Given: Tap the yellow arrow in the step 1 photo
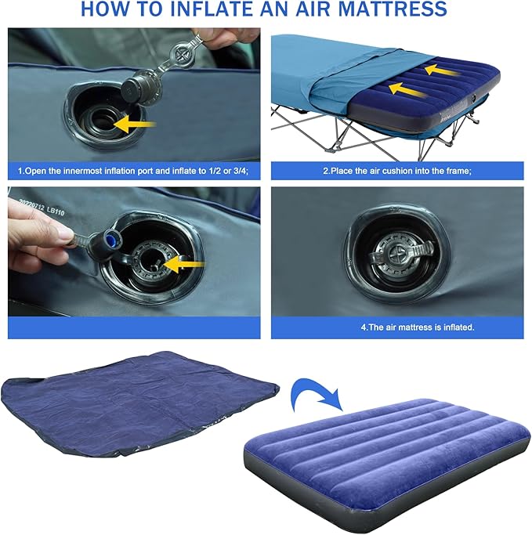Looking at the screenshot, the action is [x=134, y=124].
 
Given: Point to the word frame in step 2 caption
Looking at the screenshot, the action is [x=459, y=171].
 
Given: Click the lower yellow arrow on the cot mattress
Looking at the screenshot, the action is [x=407, y=89].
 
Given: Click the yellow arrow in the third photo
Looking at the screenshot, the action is [x=183, y=264].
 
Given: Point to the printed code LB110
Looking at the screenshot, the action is [x=56, y=211].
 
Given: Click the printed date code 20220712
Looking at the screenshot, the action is [x=32, y=204].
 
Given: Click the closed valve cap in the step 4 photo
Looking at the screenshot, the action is [x=402, y=253].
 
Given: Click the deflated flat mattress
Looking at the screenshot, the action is [x=140, y=403].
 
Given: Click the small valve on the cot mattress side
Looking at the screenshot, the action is [x=474, y=99].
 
